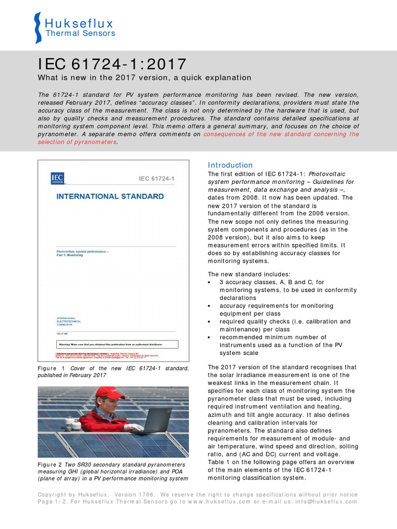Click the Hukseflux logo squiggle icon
37,28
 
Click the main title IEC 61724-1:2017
112,65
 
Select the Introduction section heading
230,165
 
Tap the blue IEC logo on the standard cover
57,178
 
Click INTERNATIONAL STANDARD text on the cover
110,196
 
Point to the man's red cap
110,393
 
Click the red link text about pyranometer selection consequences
281,134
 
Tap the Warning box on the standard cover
116,344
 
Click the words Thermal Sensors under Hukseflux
80,34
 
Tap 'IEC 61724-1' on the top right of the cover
157,179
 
